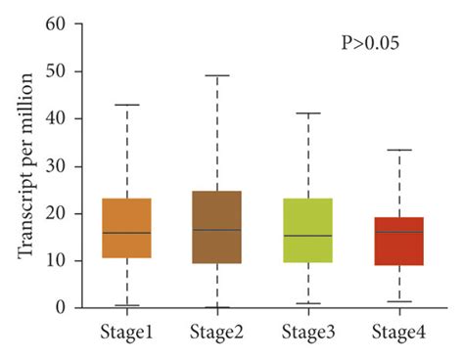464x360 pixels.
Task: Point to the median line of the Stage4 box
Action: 398,232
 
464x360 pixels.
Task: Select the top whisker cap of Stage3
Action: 307,113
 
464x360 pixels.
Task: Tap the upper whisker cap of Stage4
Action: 398,150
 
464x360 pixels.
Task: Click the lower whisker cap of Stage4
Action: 398,301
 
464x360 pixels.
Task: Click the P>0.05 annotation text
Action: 369,44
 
